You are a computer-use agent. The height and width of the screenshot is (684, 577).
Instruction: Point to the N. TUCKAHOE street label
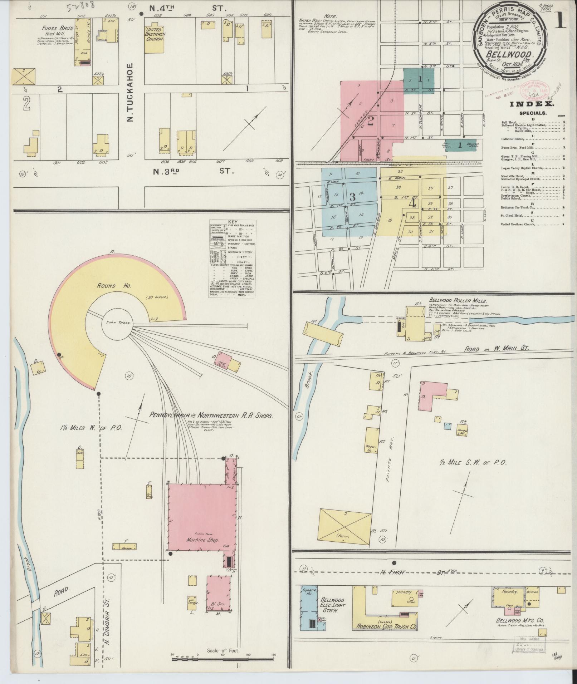click(130, 92)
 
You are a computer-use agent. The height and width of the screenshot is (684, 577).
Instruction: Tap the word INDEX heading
click(531, 104)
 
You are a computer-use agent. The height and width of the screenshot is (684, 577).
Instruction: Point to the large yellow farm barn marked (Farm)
click(344, 529)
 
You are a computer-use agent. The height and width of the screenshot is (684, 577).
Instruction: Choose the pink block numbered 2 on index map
click(371, 121)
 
